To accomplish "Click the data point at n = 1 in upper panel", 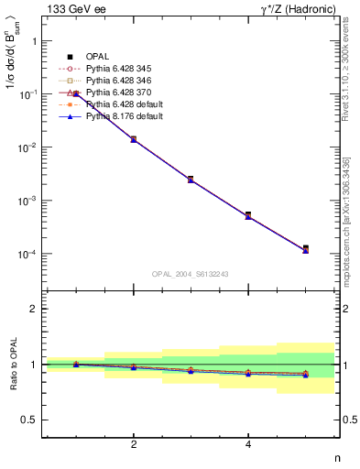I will pos(76,93).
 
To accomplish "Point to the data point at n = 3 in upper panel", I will pos(191,179).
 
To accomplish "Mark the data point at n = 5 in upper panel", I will pos(306,248).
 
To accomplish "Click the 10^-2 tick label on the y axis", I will pos(28,147).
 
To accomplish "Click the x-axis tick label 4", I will pos(248,444).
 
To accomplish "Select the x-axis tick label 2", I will pos(134,444).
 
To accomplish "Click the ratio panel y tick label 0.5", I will pos(29,420).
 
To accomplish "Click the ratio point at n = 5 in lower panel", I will pos(306,374).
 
